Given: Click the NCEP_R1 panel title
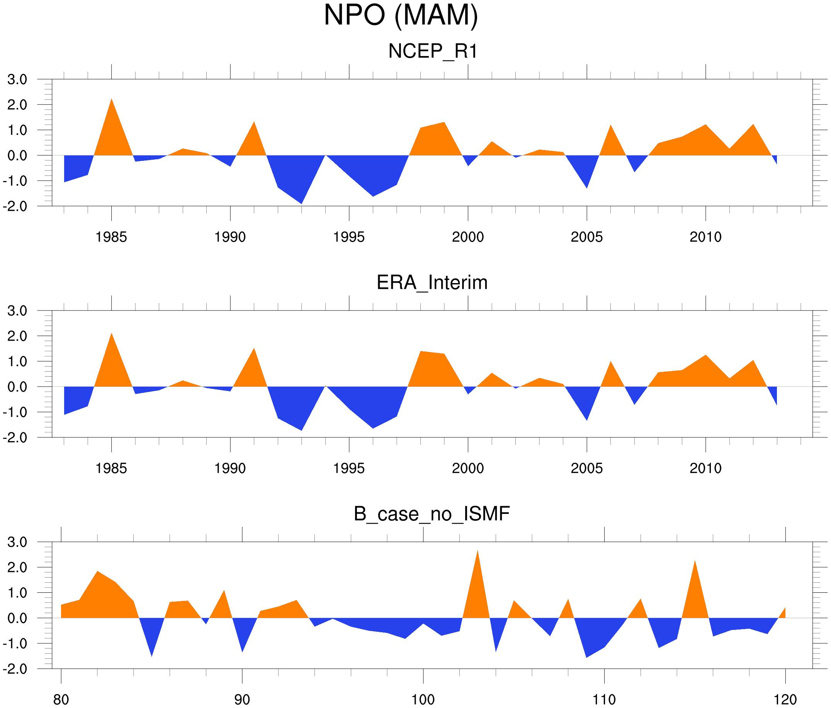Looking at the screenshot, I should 433,51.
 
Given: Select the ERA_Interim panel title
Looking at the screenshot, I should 432,283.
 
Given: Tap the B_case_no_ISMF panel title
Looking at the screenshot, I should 432,514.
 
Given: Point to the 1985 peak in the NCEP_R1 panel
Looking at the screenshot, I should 112,100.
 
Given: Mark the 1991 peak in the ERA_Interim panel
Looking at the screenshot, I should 254,350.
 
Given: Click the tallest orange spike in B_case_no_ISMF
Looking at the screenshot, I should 477,552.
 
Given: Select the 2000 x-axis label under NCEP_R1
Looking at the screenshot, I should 467,237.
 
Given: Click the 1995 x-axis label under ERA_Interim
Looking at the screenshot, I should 348,468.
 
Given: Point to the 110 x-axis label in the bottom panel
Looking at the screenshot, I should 604,699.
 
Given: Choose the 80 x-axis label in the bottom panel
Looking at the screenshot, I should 61,699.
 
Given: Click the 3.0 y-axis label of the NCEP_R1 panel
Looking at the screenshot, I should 17,80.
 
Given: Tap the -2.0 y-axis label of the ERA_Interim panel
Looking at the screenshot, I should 15,437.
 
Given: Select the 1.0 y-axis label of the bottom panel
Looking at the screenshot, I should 17,593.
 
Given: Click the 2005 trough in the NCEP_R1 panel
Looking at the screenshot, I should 587,187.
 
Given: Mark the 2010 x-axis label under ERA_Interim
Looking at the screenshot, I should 705,468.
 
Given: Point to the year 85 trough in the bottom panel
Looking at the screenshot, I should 151,655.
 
